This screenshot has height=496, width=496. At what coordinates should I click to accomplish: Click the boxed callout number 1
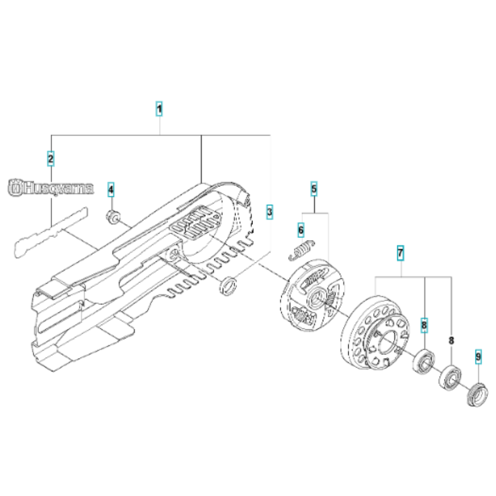tap(159, 109)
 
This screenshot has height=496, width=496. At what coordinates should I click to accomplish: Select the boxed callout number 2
tap(51, 158)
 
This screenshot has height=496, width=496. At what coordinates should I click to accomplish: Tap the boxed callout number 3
tap(269, 212)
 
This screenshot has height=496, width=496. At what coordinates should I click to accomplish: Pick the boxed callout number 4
tap(111, 188)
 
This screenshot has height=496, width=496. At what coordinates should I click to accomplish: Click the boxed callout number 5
tap(313, 188)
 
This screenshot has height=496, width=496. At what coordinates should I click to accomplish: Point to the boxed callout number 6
tap(301, 229)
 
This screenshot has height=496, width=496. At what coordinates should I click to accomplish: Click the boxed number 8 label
tap(424, 325)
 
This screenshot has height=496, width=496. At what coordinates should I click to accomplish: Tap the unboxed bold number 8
tap(451, 341)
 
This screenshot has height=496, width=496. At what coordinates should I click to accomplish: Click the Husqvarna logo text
tap(51, 188)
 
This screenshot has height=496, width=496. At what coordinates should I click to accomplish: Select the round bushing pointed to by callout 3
tap(228, 286)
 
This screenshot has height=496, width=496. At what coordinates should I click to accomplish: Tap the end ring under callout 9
tap(477, 395)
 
